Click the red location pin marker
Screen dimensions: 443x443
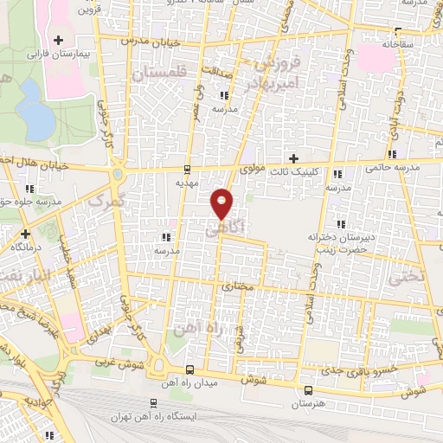pos(222,203)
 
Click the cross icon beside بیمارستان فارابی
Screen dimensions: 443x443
pos(59,40)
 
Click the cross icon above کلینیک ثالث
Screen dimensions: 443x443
pos(294,158)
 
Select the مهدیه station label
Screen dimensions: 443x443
pos(188,183)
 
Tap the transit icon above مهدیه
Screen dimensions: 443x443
pos(188,170)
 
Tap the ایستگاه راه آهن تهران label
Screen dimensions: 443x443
pos(153,416)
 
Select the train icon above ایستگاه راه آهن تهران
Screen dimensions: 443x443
pos(153,402)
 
